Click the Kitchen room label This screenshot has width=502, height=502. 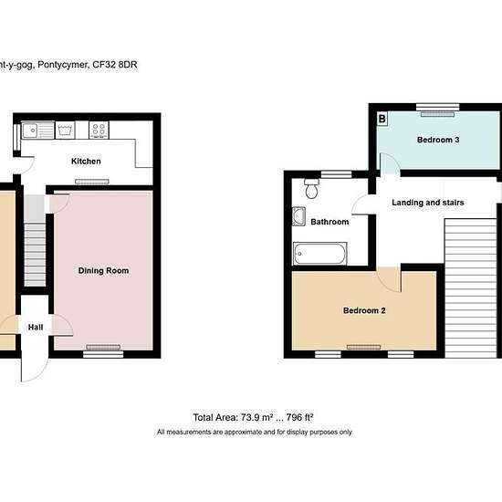pos(86,162)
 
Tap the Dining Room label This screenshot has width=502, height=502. pos(103,270)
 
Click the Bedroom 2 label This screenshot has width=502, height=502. pos(364,310)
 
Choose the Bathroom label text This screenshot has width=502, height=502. pos(329,222)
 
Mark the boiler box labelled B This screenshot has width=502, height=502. pos(381,119)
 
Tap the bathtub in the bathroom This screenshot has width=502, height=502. pos(319,253)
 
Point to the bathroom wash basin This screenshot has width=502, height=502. pos(299,217)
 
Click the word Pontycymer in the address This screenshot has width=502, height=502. pos(65,65)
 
